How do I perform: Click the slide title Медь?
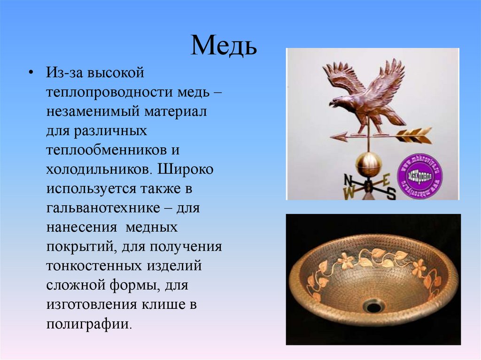(x=224, y=46)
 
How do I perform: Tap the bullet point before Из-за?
(x=31, y=74)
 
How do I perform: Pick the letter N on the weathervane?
(x=348, y=180)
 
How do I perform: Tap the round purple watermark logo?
(x=420, y=175)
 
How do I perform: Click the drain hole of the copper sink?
(x=374, y=306)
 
